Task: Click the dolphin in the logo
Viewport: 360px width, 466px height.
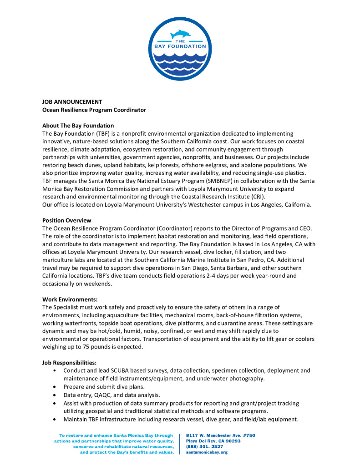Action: click(180, 34)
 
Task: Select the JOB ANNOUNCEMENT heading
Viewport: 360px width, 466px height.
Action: click(72, 102)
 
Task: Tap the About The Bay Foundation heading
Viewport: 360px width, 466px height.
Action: click(78, 126)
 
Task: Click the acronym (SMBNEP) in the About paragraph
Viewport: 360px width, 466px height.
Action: click(219, 181)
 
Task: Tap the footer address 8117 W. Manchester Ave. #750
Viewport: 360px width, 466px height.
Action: click(221, 436)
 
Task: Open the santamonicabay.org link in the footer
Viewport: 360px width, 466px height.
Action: click(207, 452)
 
